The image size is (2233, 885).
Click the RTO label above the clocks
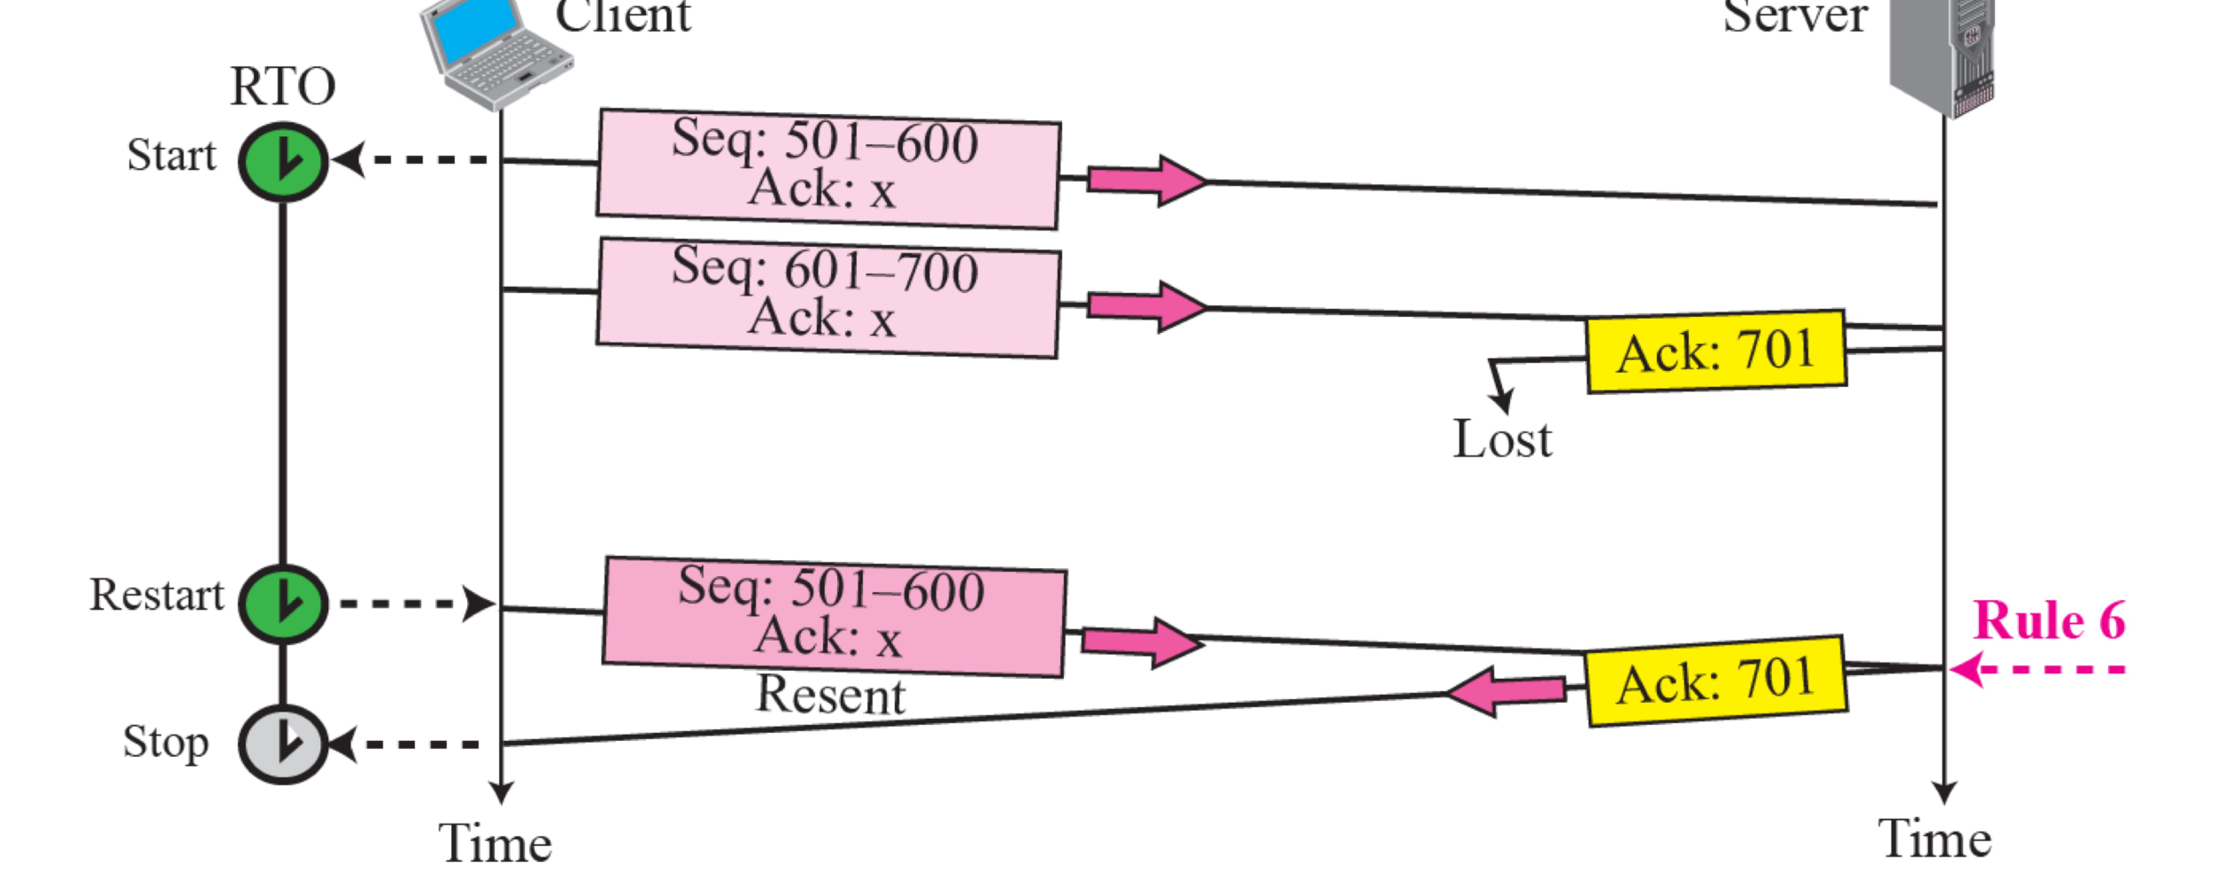coord(283,87)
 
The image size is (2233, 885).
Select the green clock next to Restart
coord(283,603)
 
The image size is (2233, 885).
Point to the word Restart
coord(157,596)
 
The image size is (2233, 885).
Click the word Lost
coord(1502,439)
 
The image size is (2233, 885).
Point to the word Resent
coord(831,695)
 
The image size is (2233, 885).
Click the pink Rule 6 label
coord(2048,621)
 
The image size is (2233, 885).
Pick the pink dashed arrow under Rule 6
coord(2037,669)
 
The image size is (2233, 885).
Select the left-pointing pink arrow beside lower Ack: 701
coord(1506,691)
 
